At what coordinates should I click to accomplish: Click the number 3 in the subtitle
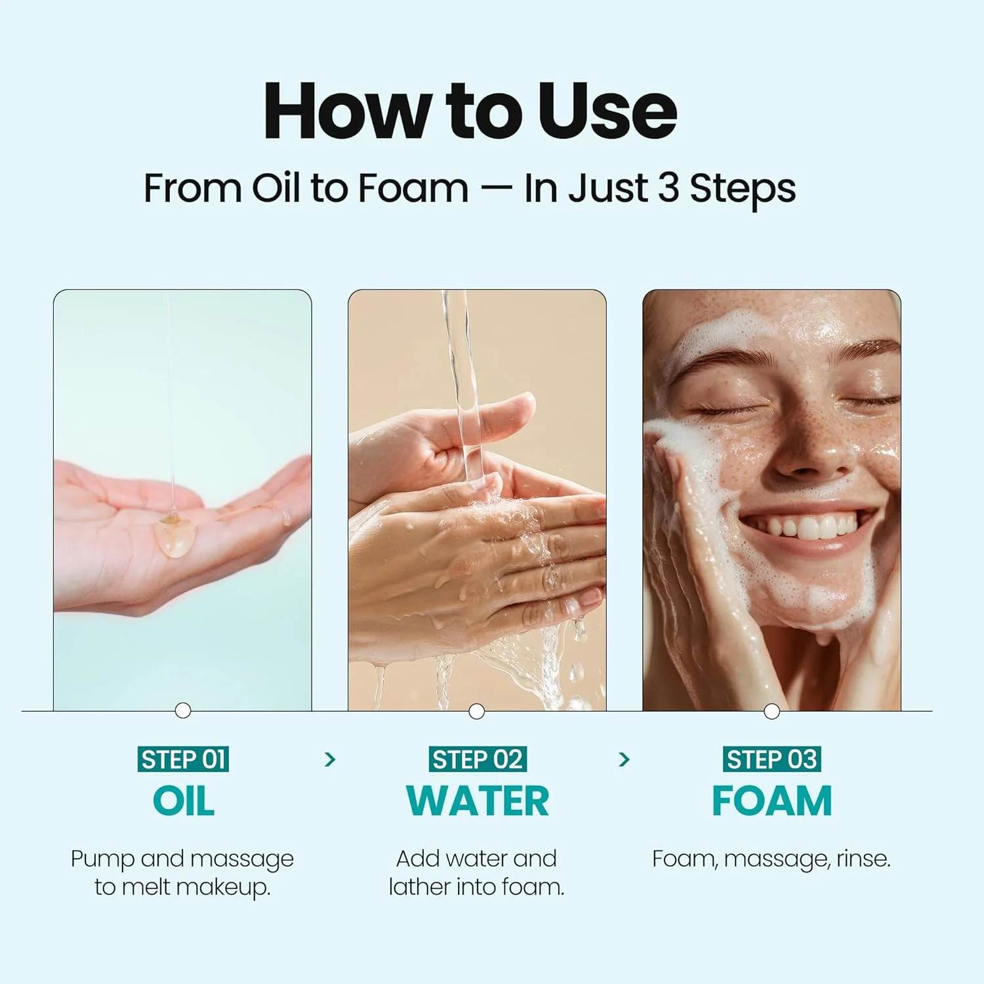667,188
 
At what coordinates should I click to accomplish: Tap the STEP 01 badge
183,760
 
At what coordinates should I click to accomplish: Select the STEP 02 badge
477,760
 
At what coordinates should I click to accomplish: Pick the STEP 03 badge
771,760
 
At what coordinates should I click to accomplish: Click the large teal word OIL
183,801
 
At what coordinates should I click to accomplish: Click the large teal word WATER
477,801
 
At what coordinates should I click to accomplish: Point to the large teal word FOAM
771,801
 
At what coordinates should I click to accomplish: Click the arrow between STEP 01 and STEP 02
330,760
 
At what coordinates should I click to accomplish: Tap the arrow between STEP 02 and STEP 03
624,760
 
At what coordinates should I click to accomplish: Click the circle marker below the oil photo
183,710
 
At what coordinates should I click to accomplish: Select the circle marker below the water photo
477,711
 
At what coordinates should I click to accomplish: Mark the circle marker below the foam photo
772,711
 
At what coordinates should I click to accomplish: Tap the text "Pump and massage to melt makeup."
182,872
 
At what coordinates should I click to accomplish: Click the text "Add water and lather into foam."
477,872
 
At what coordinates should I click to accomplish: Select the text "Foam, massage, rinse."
771,859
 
